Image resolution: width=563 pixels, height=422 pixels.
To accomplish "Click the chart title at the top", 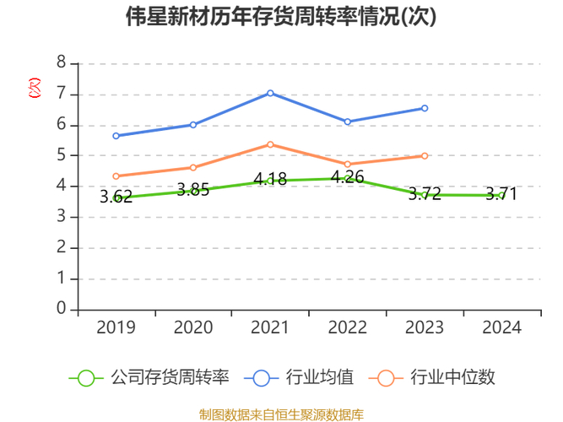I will point(281,17).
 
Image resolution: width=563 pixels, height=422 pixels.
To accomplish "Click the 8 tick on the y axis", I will point(61,63).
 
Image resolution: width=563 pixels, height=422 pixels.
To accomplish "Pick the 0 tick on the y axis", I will point(61,309).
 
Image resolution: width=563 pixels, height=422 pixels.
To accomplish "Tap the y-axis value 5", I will point(61,155).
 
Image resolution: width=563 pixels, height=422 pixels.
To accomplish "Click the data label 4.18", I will point(270,180).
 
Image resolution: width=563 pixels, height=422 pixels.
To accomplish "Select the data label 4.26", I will point(347,177).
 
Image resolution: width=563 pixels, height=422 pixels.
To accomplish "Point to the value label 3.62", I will point(116,197).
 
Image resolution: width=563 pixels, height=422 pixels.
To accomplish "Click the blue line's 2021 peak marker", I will point(270,93).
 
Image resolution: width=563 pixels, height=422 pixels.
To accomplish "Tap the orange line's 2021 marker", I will point(270,144).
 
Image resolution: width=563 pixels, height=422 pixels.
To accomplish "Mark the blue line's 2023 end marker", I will point(425,108).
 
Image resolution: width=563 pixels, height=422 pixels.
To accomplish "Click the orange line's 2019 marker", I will point(116,176).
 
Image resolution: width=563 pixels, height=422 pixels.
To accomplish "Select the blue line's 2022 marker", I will point(347,122).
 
